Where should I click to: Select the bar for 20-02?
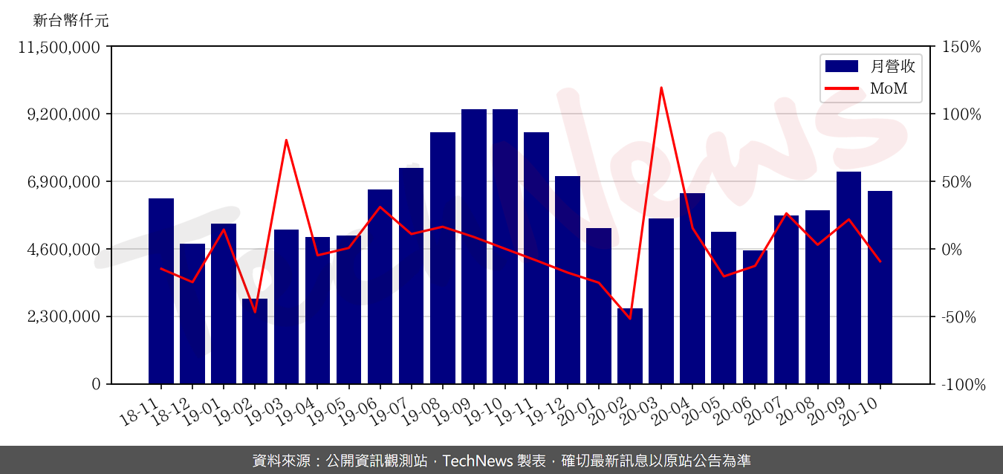[630, 346]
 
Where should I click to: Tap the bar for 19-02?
[255, 342]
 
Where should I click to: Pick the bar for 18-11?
[161, 291]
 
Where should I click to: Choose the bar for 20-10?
[880, 288]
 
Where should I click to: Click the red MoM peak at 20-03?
[661, 88]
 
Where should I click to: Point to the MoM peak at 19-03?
[287, 140]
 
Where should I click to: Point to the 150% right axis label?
[961, 47]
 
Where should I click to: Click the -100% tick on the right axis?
[964, 384]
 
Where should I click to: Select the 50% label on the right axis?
[959, 182]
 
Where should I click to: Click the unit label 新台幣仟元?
[71, 21]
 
